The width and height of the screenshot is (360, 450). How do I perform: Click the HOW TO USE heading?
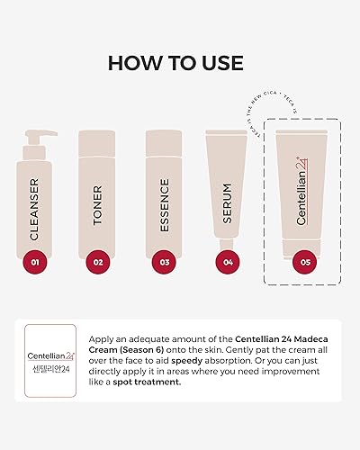click(180, 62)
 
